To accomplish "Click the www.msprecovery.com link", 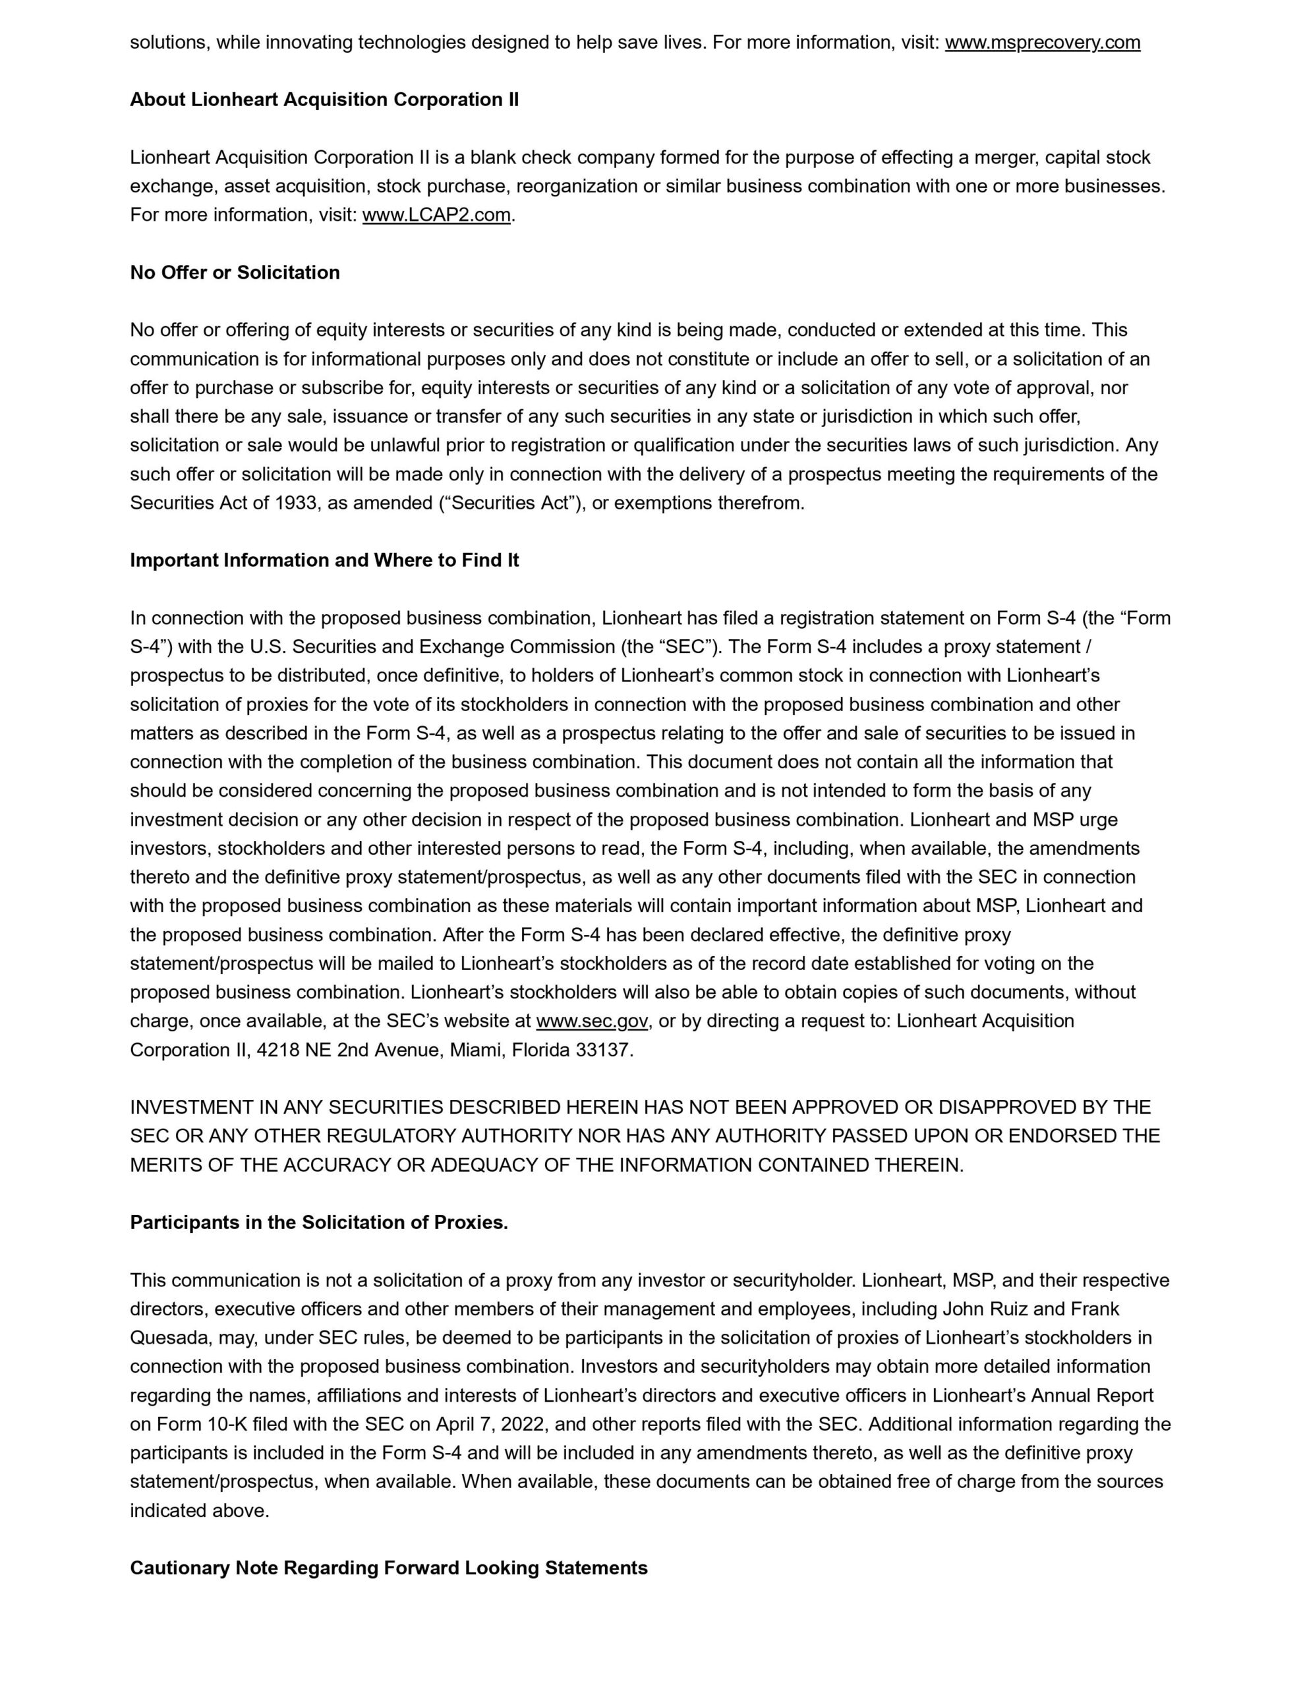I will click(1042, 42).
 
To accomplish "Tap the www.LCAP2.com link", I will click(436, 215).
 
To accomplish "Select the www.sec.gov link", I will click(592, 1021).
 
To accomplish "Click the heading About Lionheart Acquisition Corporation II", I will click(324, 100).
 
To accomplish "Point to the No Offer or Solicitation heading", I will click(235, 273).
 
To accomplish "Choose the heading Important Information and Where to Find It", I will click(324, 560).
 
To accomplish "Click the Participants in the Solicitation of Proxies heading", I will click(319, 1223).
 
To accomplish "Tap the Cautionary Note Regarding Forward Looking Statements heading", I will click(388, 1568).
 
